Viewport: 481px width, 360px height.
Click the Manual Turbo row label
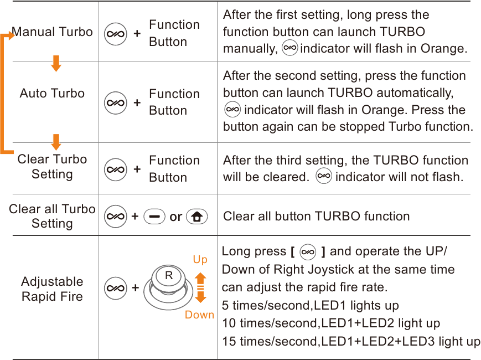[x=52, y=32]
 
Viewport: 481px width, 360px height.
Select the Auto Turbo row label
[x=52, y=93]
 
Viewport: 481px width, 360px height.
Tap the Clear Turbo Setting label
[x=52, y=167]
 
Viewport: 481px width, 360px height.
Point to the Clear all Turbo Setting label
[x=52, y=216]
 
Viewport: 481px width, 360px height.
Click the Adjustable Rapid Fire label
[x=52, y=289]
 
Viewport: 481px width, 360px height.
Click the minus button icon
[x=154, y=217]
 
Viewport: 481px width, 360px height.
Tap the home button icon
[x=197, y=217]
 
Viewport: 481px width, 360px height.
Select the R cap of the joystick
[x=169, y=276]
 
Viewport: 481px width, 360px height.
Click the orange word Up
[x=200, y=260]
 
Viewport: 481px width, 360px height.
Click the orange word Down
[x=199, y=315]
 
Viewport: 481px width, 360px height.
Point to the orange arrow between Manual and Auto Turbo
[x=56, y=63]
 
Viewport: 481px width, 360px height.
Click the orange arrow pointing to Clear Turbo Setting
[x=56, y=142]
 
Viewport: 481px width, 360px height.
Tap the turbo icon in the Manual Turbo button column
[x=116, y=34]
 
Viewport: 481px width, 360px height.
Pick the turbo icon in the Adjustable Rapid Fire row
[x=116, y=288]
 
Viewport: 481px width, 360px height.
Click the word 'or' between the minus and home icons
[x=176, y=217]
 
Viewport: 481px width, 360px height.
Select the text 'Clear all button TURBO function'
[x=316, y=216]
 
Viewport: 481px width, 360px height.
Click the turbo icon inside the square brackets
[x=307, y=252]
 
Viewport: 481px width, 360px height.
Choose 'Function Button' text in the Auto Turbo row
[x=174, y=102]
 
